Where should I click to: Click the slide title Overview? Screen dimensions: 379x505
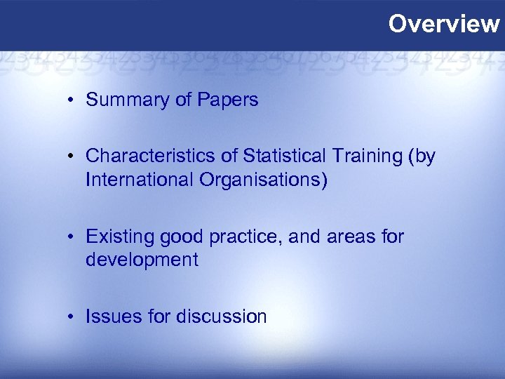tap(444, 24)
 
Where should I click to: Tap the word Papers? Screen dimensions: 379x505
tap(227, 100)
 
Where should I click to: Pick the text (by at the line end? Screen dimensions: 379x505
tap(419, 157)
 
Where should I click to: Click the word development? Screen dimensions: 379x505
tap(142, 260)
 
